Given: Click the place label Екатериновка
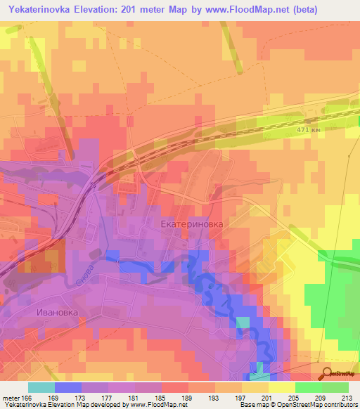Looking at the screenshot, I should pyautogui.click(x=192, y=224).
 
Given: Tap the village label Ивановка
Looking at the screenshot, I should pyautogui.click(x=53, y=311).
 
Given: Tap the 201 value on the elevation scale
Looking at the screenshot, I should pyautogui.click(x=266, y=397).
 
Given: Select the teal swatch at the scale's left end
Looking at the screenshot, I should pyautogui.click(x=41, y=387).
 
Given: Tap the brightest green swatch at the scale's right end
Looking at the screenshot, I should pyautogui.click(x=335, y=387).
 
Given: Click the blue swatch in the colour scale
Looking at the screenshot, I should pyautogui.click(x=68, y=387).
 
